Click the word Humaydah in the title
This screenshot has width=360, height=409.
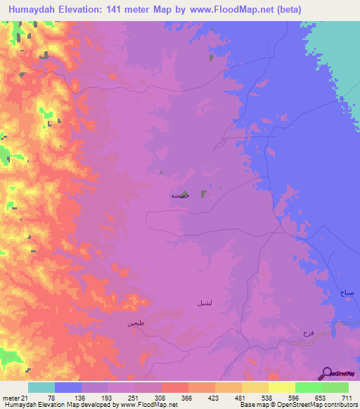pyautogui.click(x=34, y=9)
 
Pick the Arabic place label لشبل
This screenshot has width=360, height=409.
pyautogui.click(x=199, y=303)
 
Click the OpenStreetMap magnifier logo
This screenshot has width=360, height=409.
pyautogui.click(x=327, y=373)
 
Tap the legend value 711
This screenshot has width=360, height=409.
pyautogui.click(x=346, y=398)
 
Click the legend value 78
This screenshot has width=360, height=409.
pyautogui.click(x=51, y=398)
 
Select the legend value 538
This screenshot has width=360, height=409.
pyautogui.click(x=266, y=398)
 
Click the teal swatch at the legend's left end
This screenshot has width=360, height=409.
pyautogui.click(x=41, y=387)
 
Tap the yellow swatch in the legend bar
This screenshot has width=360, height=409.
pyautogui.click(x=281, y=387)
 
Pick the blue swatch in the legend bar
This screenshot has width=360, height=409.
pyautogui.click(x=68, y=387)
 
